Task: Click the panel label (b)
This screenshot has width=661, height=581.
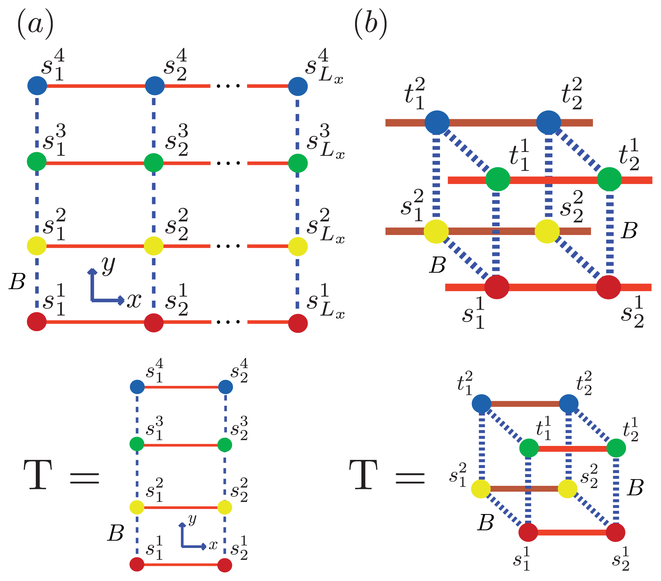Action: pos(371,24)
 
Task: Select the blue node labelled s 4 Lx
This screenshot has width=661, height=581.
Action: pos(298,86)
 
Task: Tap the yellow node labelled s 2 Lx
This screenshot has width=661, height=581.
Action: pos(298,246)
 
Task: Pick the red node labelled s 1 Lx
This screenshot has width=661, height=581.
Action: pos(298,323)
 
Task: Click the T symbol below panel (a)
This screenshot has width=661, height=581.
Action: pos(38,475)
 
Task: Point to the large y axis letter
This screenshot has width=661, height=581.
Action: pos(108,265)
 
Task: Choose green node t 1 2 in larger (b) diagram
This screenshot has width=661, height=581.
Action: pos(609,179)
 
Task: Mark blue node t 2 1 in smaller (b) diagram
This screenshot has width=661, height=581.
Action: pos(482,404)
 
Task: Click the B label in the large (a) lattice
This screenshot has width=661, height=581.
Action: pos(17,282)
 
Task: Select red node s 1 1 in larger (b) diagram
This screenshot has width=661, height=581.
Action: pos(497,287)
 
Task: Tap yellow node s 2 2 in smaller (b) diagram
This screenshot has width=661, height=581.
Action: pos(568,489)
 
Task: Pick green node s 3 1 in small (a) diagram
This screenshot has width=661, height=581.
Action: pos(137,444)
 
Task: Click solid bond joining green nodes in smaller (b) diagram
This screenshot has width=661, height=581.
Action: pos(572,449)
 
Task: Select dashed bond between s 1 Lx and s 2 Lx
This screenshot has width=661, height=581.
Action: pos(298,285)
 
